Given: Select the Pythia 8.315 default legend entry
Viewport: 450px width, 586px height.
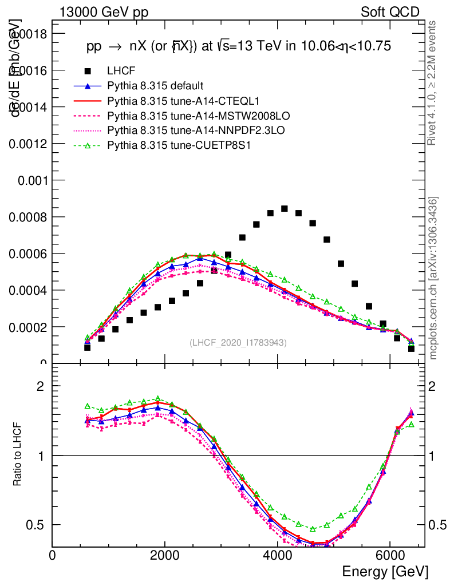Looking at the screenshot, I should point(155,86).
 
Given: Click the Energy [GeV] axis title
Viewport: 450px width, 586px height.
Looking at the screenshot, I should point(384,572).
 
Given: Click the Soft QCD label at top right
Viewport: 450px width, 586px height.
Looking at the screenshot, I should point(390,12).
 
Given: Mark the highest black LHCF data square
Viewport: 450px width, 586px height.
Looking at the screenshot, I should point(285,208).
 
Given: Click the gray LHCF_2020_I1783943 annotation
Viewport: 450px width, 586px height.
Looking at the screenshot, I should point(238,342).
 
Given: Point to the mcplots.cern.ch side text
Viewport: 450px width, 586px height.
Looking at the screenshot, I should point(433,278).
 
